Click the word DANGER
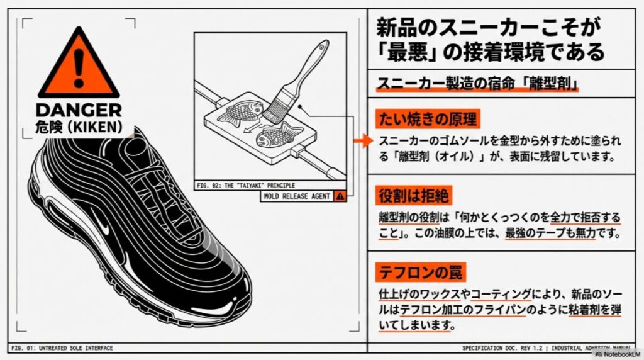click(78, 111)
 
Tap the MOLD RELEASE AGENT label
click(297, 196)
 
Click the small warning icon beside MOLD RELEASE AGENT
click(340, 196)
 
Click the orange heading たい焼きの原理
click(427, 118)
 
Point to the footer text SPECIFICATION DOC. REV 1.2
click(503, 348)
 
